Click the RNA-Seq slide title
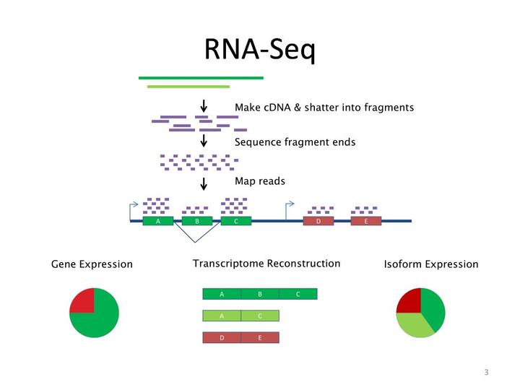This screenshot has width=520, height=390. click(x=260, y=49)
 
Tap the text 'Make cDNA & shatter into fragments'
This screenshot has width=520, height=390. click(x=324, y=108)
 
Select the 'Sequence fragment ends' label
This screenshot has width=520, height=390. click(x=295, y=142)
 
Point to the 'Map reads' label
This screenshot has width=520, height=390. click(x=260, y=181)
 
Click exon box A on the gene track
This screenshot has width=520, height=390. click(x=158, y=221)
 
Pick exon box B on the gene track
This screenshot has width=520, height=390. click(x=196, y=221)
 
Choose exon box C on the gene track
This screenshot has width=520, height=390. click(x=235, y=221)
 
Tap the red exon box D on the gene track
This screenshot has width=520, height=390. click(x=318, y=221)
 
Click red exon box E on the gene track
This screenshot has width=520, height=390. click(x=366, y=221)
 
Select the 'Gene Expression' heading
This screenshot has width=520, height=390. click(x=92, y=264)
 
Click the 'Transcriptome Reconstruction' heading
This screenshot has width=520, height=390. click(x=266, y=264)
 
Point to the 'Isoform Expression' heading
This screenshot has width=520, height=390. click(x=431, y=264)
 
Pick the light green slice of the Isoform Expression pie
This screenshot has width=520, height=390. click(x=415, y=326)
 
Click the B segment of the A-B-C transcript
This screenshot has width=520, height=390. click(x=260, y=294)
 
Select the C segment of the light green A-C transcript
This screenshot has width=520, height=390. click(x=260, y=316)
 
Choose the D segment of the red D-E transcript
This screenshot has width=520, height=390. click(x=222, y=337)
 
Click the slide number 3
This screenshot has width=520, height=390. click(x=486, y=373)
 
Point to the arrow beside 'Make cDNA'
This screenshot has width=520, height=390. click(x=204, y=106)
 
